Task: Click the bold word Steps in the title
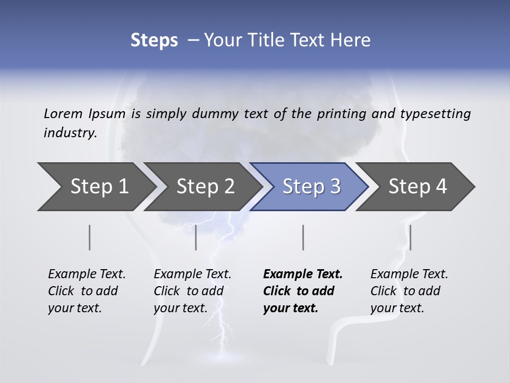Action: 154,40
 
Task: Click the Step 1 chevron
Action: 96,187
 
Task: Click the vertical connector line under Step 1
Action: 90,237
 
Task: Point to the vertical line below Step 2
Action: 196,237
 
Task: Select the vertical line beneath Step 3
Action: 303,237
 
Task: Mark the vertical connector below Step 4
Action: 411,237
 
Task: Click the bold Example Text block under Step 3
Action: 303,291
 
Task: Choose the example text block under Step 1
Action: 87,291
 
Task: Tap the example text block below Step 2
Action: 192,291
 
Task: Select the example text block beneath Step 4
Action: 409,291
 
